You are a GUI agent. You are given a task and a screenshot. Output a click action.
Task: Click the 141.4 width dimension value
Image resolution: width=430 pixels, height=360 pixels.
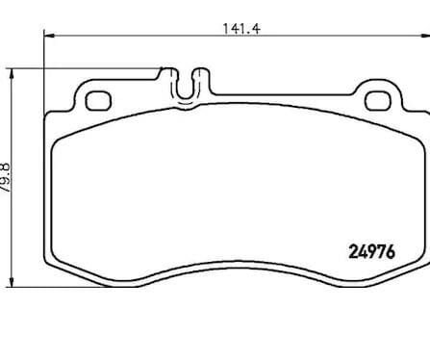tap(241, 29)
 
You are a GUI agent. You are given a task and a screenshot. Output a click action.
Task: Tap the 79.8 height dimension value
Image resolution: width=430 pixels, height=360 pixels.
tap(6, 178)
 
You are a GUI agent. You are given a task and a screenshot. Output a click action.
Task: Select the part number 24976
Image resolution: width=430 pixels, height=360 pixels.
tap(371, 252)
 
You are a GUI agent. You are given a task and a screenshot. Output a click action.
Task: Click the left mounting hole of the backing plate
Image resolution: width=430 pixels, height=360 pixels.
tap(98, 101)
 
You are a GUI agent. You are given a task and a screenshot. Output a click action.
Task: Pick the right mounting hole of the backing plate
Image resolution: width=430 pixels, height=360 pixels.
tap(378, 101)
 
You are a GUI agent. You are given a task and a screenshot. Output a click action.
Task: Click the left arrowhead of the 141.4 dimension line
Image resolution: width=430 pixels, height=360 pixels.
tap(49, 36)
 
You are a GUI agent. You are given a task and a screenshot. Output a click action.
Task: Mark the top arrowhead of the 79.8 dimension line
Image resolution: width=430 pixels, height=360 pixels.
tap(12, 73)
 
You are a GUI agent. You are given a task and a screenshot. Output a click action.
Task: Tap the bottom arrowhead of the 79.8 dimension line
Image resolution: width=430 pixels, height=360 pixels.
tap(12, 282)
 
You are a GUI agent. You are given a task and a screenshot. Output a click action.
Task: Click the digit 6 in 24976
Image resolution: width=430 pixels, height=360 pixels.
tap(391, 252)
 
